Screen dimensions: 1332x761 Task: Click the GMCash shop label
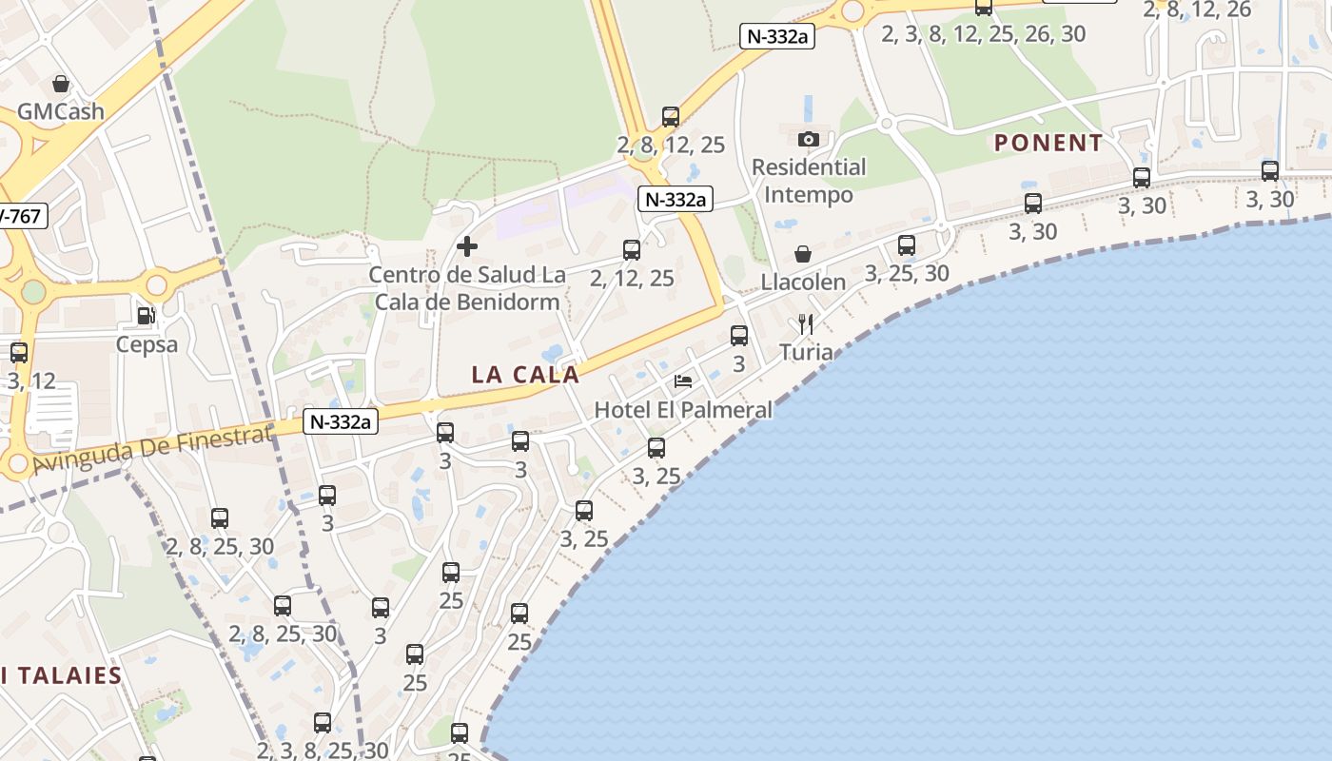click(61, 111)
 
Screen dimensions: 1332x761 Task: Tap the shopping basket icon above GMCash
click(61, 85)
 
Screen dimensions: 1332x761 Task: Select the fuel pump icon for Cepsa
click(146, 316)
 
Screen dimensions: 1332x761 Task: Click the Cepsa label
click(147, 344)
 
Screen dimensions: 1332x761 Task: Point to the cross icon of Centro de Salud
click(467, 247)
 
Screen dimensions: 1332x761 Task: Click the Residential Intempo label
click(809, 181)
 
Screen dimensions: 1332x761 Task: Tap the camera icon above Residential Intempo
click(809, 140)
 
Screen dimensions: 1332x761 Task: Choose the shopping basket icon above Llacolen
click(803, 254)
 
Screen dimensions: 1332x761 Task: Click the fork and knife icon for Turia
click(806, 324)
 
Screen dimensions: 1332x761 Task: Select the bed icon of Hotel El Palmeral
click(683, 381)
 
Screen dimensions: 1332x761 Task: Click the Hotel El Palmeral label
click(683, 410)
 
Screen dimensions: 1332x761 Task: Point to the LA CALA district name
click(525, 375)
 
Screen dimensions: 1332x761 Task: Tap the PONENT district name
click(1048, 144)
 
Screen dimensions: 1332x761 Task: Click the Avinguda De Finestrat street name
click(152, 449)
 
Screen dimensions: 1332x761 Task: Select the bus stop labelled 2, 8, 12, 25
click(671, 118)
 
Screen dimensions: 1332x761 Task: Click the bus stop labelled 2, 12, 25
click(632, 250)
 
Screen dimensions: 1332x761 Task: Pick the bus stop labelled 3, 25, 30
click(907, 245)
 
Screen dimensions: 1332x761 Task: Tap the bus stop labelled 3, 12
click(19, 353)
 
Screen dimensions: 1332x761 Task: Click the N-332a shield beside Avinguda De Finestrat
click(341, 421)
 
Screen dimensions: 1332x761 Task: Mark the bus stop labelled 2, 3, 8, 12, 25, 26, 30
click(984, 8)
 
